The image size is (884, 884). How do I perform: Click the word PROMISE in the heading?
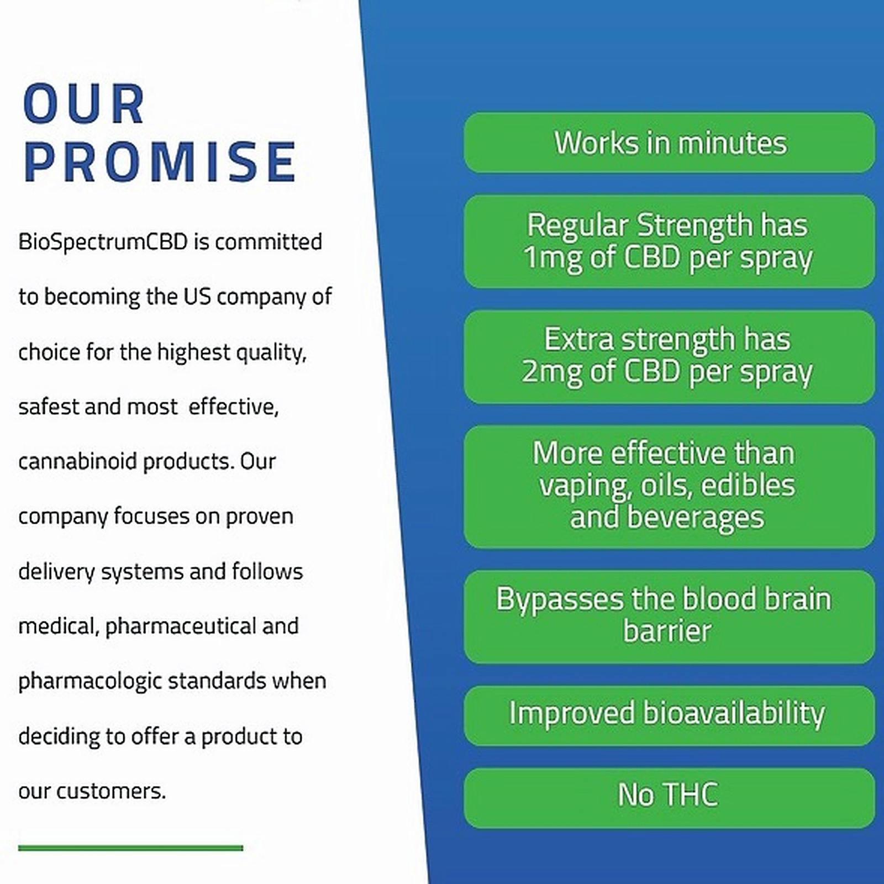(160, 162)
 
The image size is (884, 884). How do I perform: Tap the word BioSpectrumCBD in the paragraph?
(103, 242)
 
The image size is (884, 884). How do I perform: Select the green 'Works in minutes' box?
(670, 143)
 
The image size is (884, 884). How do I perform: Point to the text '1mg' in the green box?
(552, 258)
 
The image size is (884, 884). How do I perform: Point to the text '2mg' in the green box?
(551, 371)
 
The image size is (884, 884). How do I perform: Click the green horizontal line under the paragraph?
(130, 848)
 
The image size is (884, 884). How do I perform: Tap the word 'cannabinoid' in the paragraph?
(77, 461)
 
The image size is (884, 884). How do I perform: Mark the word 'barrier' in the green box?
(667, 631)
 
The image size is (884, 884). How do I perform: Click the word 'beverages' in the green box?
(695, 518)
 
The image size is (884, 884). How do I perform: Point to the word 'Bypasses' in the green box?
(559, 599)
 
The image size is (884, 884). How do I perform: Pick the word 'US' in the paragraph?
(197, 297)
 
